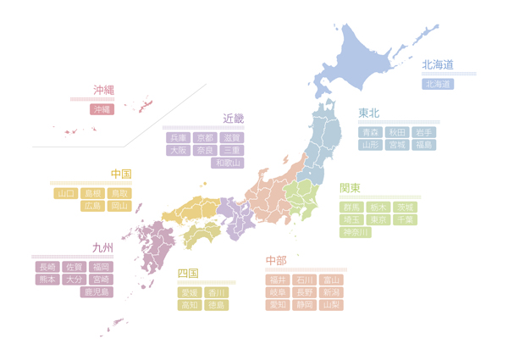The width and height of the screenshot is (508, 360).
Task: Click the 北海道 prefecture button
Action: [438, 84]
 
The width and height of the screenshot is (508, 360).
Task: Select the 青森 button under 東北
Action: [371, 132]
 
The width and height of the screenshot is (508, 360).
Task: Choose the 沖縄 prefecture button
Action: [102, 109]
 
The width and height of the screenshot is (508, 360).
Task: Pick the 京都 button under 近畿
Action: [205, 137]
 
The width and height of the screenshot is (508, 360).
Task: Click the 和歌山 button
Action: [227, 163]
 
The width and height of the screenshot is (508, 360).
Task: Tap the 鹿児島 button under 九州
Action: [97, 292]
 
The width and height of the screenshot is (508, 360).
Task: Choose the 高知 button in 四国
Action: [190, 305]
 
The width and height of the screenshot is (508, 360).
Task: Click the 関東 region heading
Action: [350, 188]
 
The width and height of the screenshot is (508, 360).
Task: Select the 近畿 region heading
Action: [233, 119]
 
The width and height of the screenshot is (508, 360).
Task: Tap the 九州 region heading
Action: [102, 248]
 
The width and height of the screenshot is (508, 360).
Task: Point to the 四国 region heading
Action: [188, 274]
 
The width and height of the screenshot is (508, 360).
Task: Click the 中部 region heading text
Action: [276, 260]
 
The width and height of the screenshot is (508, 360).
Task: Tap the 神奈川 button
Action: [355, 232]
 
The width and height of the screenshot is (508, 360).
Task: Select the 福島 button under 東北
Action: [423, 145]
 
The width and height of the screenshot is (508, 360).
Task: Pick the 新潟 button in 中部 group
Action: [330, 292]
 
